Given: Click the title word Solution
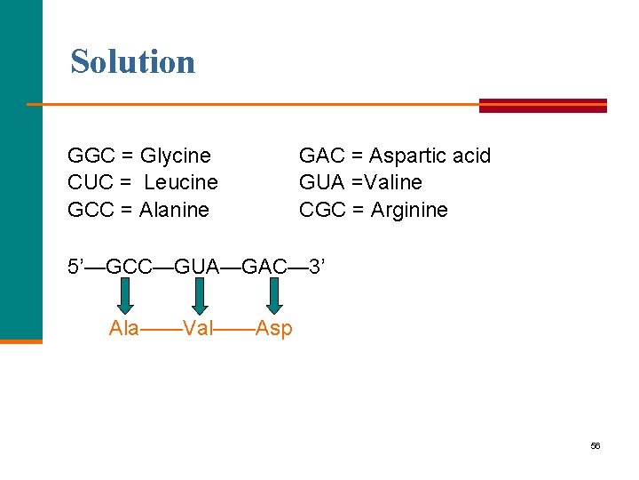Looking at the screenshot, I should tap(133, 61).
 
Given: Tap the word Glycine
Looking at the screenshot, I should tap(176, 156).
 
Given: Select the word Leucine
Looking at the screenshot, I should tap(181, 182).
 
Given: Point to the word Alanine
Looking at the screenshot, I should tap(175, 210).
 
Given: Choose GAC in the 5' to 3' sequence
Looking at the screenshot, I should tap(264, 266).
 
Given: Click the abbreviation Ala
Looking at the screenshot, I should tap(124, 328).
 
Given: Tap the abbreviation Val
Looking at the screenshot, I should tap(199, 328).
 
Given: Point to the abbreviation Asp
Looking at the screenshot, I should tap(273, 328).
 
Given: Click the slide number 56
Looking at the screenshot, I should tap(596, 445).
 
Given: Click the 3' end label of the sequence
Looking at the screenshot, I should tap(317, 266).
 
